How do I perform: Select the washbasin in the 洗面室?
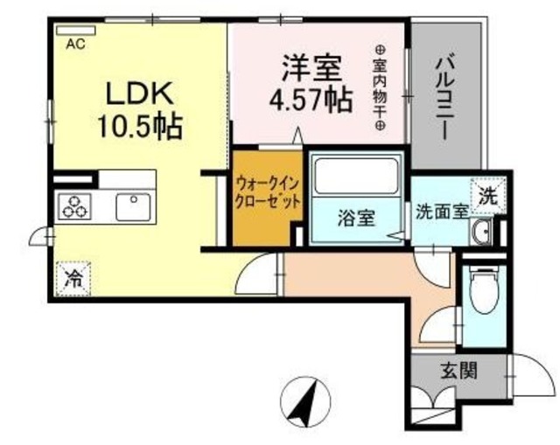pyautogui.click(x=480, y=232)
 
